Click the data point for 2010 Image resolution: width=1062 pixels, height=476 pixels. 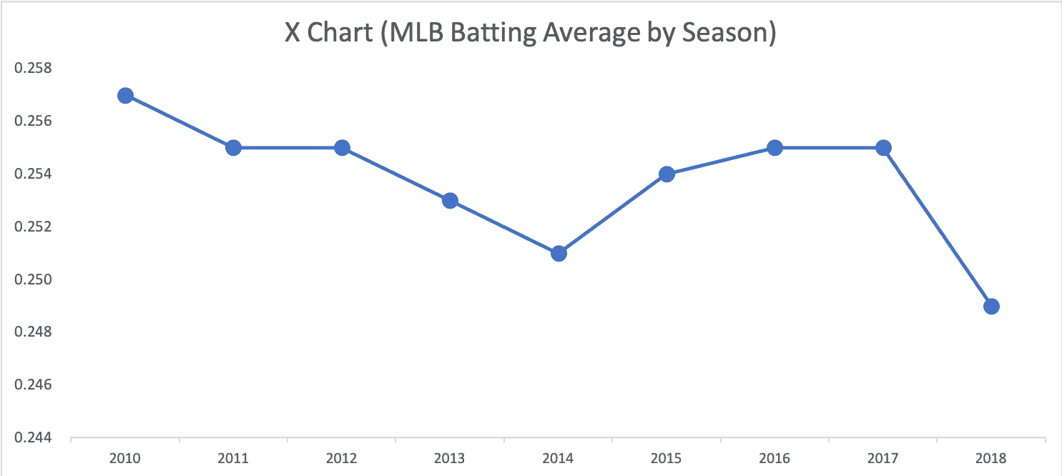125,96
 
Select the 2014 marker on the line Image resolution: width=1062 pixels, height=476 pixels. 559,253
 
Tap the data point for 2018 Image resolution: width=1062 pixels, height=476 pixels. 991,306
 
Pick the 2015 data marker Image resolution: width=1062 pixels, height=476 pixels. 667,174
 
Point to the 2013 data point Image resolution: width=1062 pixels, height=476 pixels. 450,201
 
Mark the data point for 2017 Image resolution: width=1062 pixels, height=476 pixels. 883,148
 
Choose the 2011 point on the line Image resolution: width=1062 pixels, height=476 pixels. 233,148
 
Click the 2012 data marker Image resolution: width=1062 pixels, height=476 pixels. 342,148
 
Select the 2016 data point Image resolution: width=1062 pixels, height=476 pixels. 775,148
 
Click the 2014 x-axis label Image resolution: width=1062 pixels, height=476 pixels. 559,458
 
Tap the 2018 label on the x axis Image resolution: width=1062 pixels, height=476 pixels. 991,458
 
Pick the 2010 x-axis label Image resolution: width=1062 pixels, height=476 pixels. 125,458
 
